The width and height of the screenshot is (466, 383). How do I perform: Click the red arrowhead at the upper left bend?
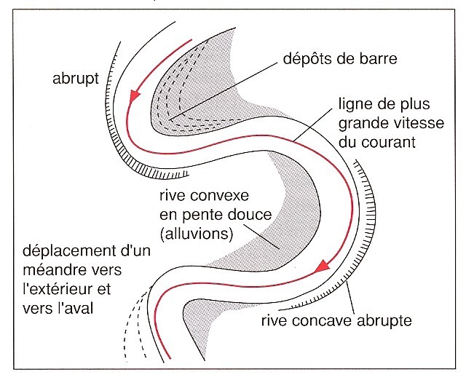coord(133,95)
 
